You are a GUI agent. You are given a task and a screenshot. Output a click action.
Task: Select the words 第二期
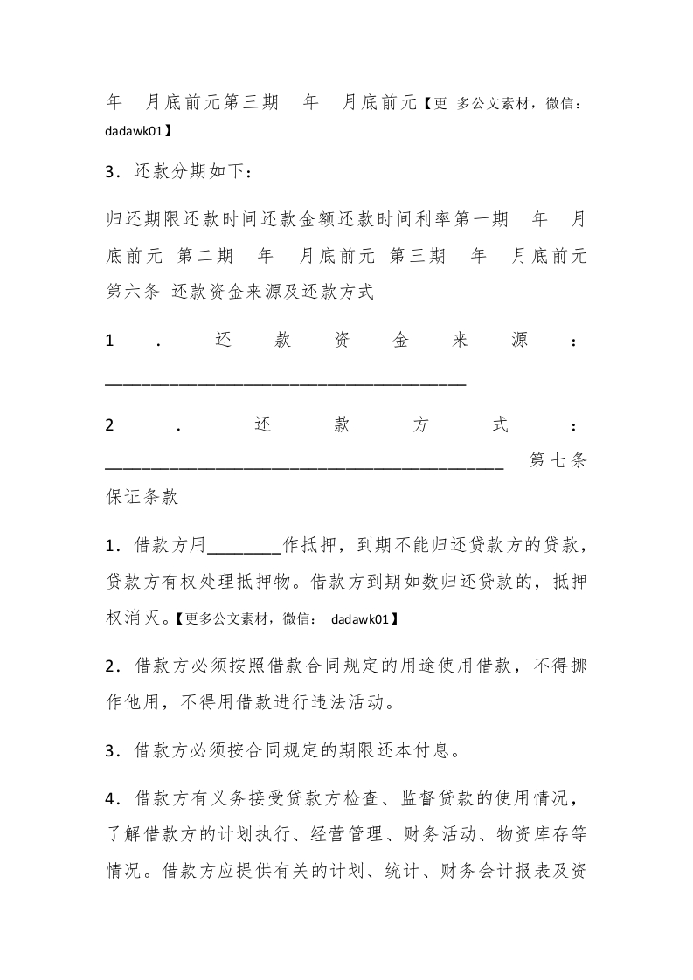205,256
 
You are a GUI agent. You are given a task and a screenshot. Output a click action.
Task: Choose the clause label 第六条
132,293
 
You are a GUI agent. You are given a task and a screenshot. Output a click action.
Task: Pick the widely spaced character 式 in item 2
500,425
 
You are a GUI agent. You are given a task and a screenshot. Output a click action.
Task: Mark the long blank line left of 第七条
304,467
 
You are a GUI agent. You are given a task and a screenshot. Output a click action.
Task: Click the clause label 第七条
558,461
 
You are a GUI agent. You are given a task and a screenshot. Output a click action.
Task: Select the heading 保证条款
142,498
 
